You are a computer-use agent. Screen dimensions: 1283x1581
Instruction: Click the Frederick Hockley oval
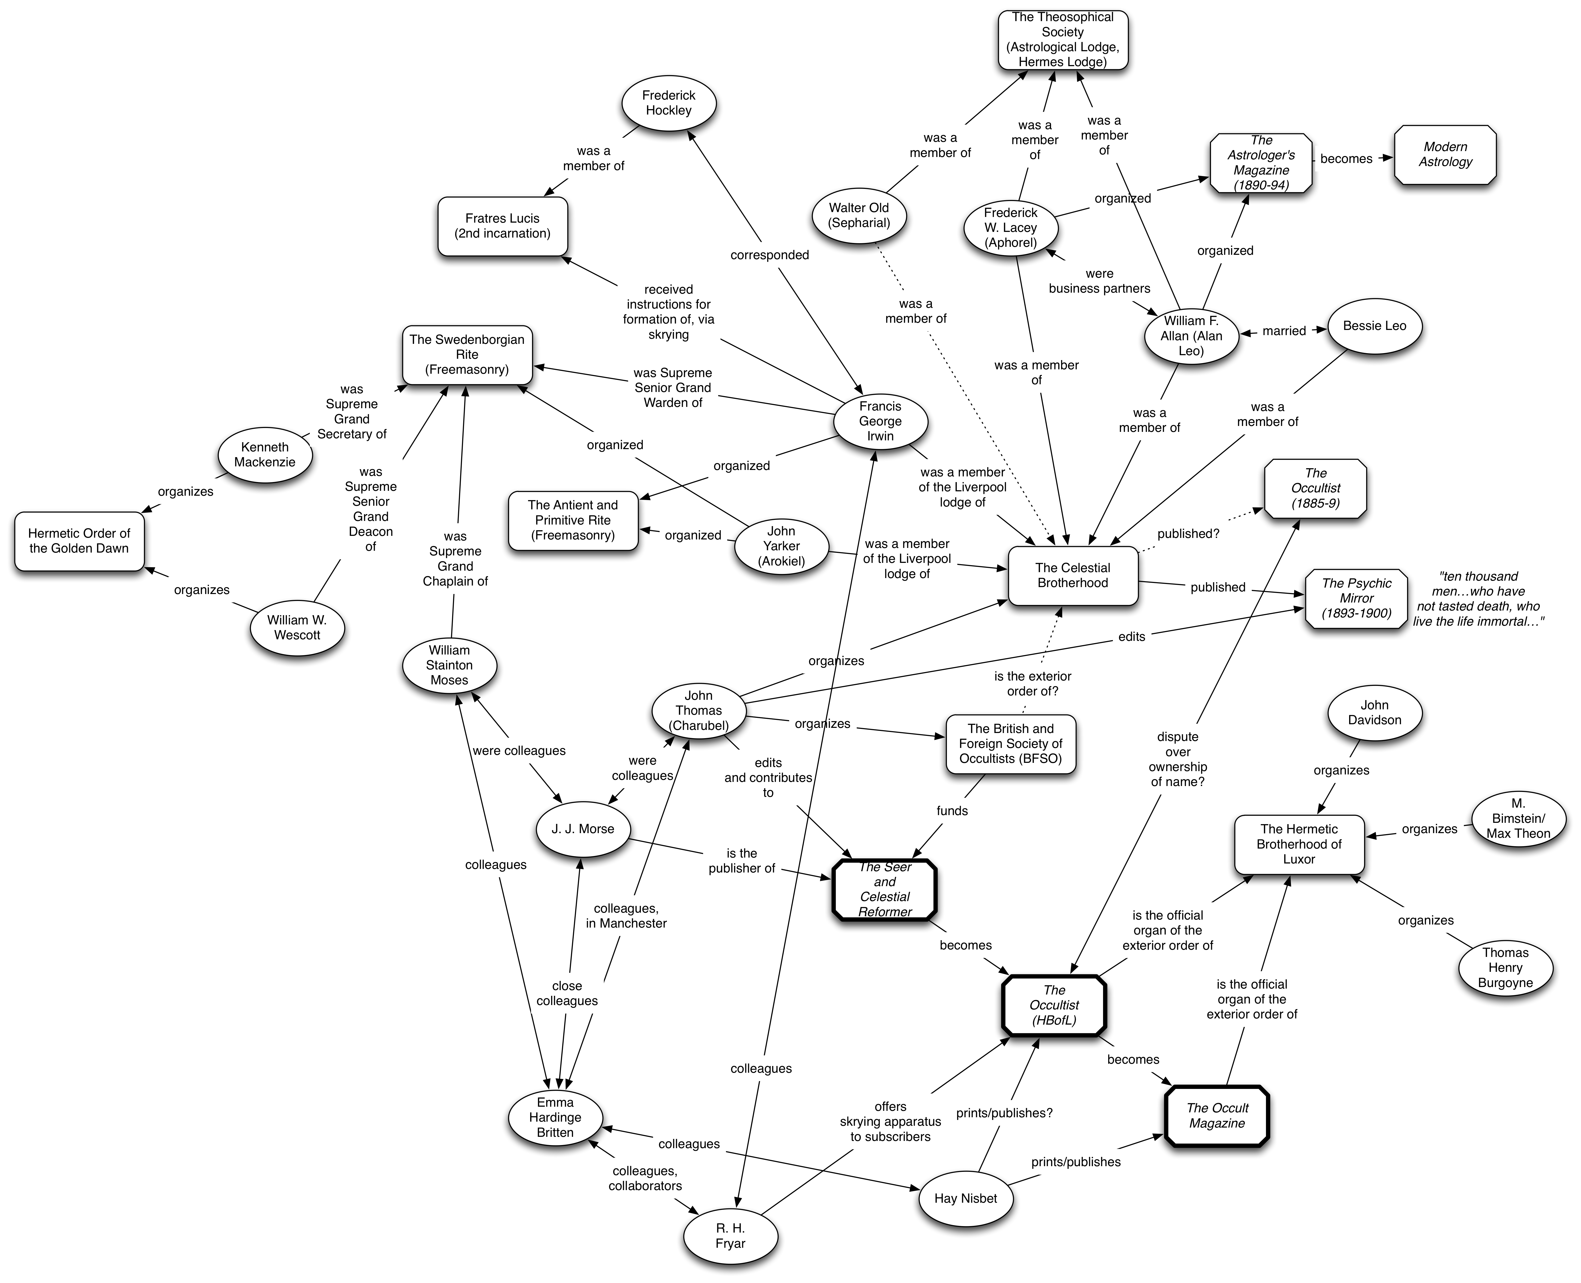click(x=668, y=103)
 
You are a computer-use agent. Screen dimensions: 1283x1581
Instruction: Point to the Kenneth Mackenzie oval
click(x=265, y=455)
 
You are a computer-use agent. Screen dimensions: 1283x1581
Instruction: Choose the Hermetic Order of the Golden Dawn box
click(x=79, y=541)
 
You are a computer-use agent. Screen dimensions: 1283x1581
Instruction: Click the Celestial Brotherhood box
click(x=1072, y=575)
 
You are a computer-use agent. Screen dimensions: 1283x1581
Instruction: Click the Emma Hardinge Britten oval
click(x=555, y=1118)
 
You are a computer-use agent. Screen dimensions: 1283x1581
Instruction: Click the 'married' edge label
click(x=1284, y=331)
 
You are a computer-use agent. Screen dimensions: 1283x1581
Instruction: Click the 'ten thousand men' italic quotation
click(x=1478, y=599)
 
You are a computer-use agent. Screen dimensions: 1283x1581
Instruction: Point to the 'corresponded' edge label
click(x=770, y=255)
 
